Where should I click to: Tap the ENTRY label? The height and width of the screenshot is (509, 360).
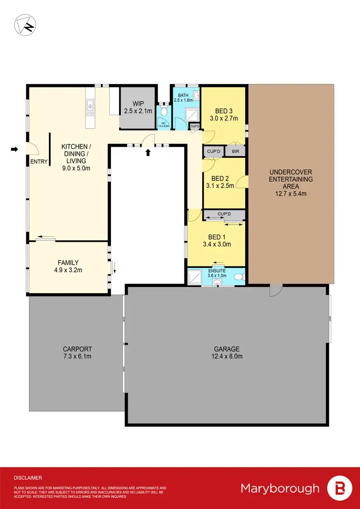click(39, 162)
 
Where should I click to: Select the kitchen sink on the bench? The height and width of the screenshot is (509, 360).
click(89, 110)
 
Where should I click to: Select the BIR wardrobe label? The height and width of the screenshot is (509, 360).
click(235, 151)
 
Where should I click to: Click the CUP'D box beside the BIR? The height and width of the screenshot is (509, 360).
click(213, 151)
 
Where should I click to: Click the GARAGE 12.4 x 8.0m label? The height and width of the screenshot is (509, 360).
click(228, 353)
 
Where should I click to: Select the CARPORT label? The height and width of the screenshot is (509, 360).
click(77, 349)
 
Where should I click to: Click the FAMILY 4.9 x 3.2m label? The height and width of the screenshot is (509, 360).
click(68, 266)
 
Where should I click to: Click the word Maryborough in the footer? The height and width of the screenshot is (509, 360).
click(279, 488)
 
